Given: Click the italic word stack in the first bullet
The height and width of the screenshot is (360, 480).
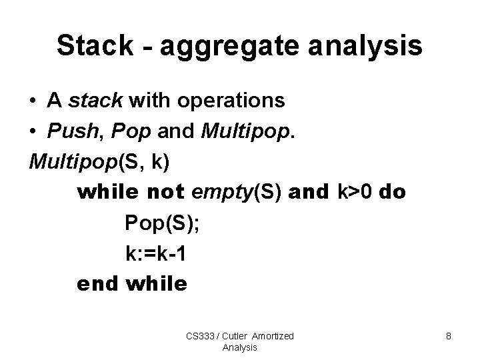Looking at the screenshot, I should coord(95,101).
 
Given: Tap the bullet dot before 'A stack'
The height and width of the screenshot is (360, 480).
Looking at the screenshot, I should coord(33,102).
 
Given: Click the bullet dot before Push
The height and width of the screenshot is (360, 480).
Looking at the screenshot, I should coord(33,133).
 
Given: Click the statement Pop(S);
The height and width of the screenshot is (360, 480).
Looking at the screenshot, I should coord(161,223).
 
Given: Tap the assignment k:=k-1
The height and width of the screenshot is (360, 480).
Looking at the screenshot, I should coord(160,254).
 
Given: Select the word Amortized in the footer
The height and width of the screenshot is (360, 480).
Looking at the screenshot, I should coord(273,336).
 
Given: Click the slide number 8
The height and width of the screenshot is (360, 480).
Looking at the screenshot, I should coord(449,337).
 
